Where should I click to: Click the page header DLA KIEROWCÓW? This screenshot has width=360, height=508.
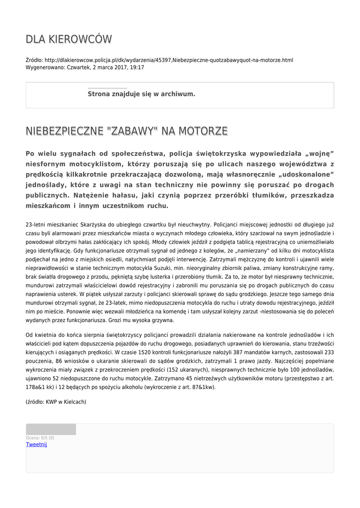(x=69, y=39)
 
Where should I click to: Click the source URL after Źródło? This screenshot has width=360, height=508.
(x=169, y=60)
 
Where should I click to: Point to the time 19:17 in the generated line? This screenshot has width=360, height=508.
(x=137, y=67)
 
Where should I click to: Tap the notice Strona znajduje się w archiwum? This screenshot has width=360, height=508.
(x=142, y=94)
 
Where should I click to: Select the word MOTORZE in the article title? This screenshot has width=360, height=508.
(x=203, y=131)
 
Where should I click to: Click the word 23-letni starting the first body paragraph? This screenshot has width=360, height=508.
(x=35, y=225)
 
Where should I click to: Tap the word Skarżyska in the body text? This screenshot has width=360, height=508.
(x=87, y=225)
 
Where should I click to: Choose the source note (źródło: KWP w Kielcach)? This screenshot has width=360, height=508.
(x=56, y=402)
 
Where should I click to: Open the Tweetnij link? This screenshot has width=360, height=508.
(x=36, y=444)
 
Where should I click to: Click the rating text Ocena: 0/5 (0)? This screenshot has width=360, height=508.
(x=40, y=438)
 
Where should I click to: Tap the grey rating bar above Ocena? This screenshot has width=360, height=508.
(x=51, y=430)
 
